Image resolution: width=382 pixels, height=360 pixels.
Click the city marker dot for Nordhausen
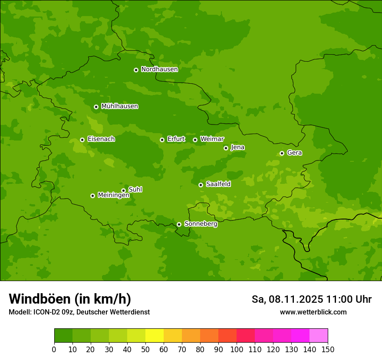136,70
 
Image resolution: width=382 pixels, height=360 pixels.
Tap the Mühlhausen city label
119,106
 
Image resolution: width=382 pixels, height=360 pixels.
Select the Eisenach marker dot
82,140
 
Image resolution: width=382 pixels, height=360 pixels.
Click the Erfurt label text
176,139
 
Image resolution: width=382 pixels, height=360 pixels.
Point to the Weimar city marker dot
195,140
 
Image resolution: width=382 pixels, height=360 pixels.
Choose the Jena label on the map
237,147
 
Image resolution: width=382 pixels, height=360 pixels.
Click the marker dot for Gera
282,153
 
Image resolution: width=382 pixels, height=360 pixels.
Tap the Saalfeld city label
218,184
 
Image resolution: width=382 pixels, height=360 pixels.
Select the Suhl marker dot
123,190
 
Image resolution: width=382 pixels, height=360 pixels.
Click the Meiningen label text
113,195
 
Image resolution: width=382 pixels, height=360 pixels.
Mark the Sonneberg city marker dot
179,224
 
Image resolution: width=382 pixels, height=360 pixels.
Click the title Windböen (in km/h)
70,299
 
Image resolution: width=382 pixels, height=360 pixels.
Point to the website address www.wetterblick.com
313,312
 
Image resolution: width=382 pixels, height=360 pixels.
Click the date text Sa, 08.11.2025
287,299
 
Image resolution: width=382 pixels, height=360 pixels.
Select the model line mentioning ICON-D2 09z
79,312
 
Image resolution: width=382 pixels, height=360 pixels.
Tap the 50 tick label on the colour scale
145,349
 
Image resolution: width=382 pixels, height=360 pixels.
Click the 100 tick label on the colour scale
237,349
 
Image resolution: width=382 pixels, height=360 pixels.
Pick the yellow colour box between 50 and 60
155,336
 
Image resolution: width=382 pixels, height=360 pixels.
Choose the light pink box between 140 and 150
319,336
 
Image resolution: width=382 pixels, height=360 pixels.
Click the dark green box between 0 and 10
63,336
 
